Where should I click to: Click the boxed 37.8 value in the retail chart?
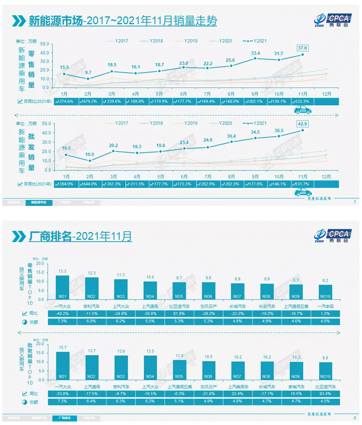pyautogui.click(x=302, y=48)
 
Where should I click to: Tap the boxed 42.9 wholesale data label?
pyautogui.click(x=303, y=124)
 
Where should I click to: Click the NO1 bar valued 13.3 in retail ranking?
pyautogui.click(x=62, y=288)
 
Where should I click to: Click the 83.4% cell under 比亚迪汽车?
pyautogui.click(x=325, y=392)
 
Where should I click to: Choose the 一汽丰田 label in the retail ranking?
pyautogui.click(x=325, y=305)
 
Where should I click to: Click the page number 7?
pyautogui.click(x=355, y=202)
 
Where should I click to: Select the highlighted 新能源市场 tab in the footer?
pyautogui.click(x=39, y=202)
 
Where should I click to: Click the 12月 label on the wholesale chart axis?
pyautogui.click(x=326, y=175)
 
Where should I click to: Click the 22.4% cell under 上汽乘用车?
pyautogui.click(x=238, y=392)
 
